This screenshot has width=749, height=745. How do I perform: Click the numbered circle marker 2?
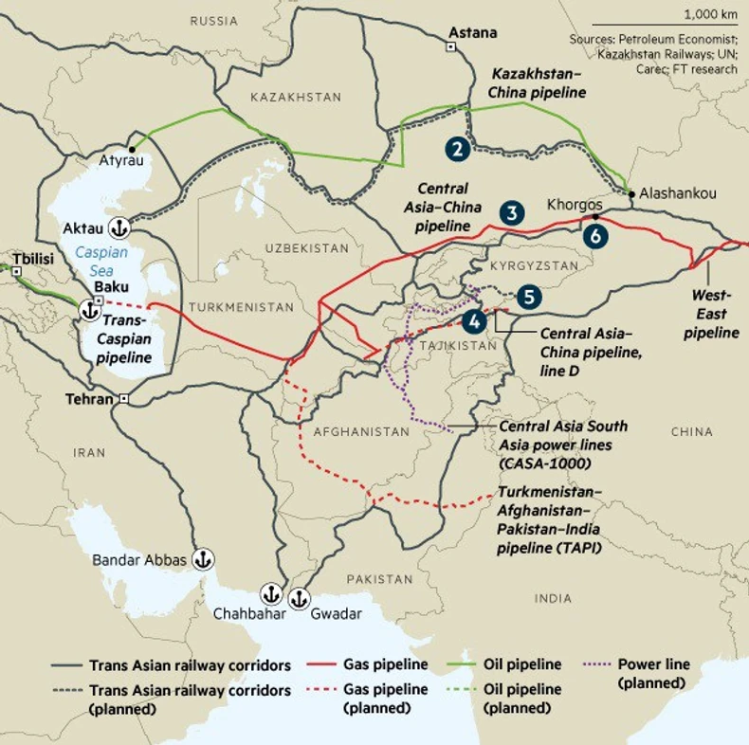click(458, 148)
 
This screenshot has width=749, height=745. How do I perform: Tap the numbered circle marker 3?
click(512, 212)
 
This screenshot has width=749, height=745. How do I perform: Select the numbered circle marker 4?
click(475, 321)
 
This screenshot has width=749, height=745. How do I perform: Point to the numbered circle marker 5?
click(529, 296)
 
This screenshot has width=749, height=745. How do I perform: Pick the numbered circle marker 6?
click(594, 236)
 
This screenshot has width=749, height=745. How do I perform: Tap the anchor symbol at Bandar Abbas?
click(202, 559)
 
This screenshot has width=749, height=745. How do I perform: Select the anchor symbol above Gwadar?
click(300, 597)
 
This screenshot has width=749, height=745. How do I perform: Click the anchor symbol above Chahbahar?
click(271, 594)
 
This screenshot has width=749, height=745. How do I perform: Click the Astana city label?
click(472, 32)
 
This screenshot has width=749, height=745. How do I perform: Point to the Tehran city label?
click(90, 399)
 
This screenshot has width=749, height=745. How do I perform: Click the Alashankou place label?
click(678, 192)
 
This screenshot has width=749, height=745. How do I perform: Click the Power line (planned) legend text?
click(653, 673)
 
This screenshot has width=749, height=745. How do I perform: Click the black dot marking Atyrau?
click(135, 149)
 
